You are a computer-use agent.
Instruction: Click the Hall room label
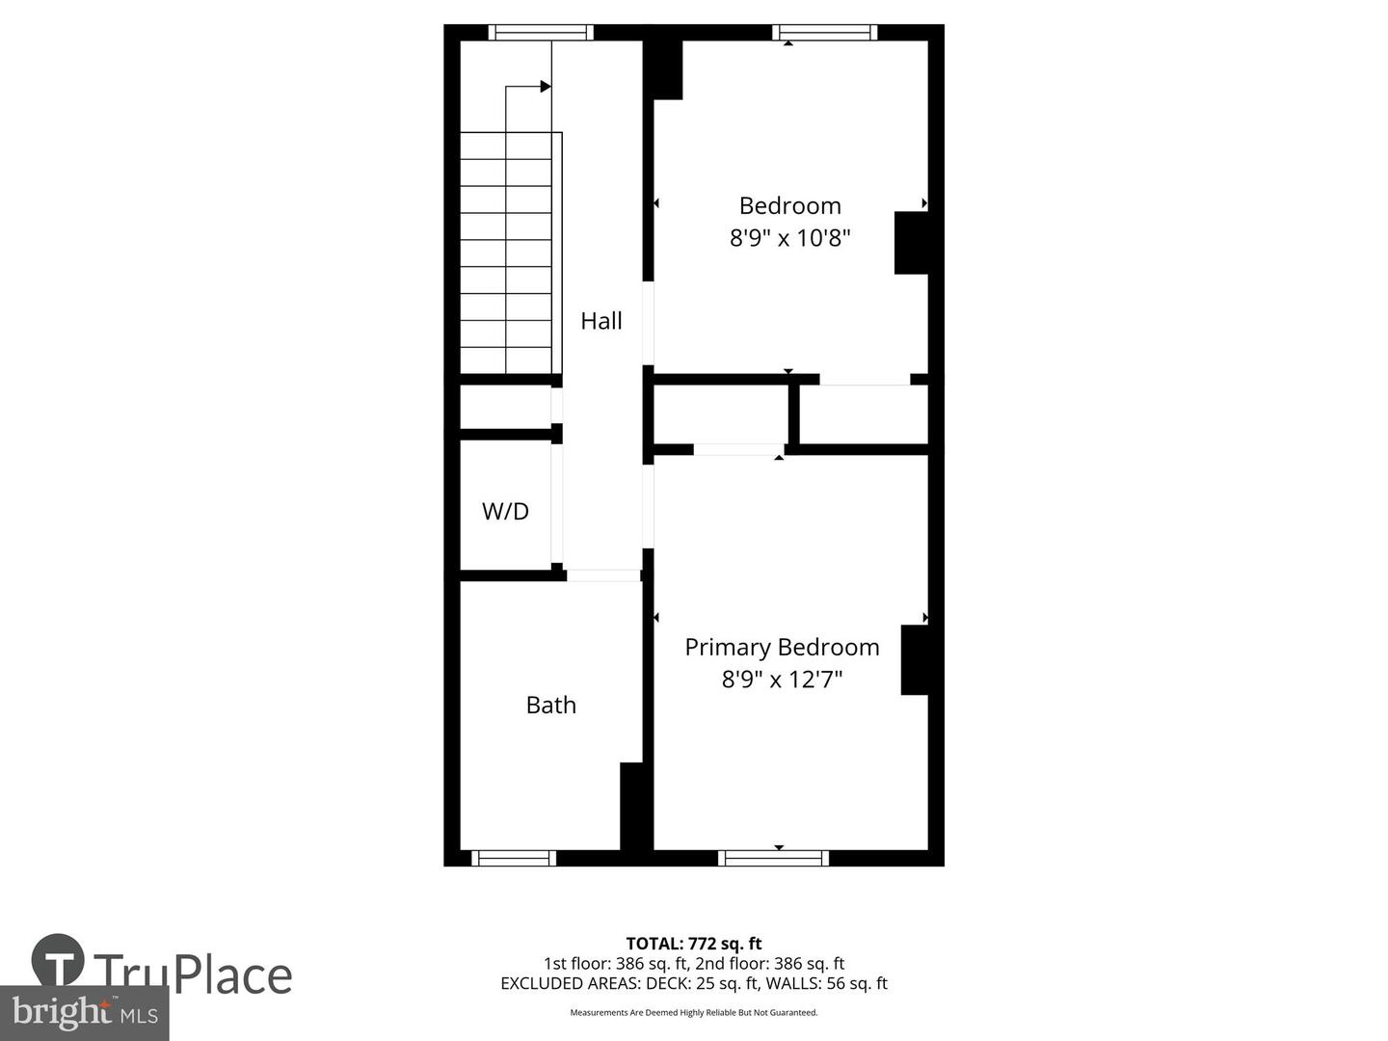(x=601, y=321)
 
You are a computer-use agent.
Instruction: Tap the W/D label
(x=505, y=511)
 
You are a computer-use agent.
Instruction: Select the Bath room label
(x=550, y=706)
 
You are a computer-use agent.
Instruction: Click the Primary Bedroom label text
(x=782, y=647)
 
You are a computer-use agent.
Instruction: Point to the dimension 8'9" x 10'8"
(x=789, y=238)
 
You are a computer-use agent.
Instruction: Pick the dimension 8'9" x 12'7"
(x=782, y=680)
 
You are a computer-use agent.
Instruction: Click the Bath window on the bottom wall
(x=514, y=858)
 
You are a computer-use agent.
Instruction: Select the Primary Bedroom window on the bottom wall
(x=774, y=858)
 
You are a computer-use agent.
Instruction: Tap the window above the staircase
(x=540, y=33)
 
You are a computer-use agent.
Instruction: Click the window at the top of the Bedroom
(x=824, y=33)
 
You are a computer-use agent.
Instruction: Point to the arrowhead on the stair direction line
(x=546, y=87)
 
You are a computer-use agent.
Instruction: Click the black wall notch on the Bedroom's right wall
(x=911, y=243)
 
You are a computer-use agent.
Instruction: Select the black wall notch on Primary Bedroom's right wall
(x=914, y=660)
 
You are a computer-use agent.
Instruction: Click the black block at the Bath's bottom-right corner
(x=631, y=807)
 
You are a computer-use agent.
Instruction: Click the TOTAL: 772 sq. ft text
(x=694, y=944)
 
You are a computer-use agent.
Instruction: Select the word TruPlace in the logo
(x=193, y=974)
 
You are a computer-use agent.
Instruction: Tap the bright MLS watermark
(x=85, y=1012)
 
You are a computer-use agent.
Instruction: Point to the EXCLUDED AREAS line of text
(x=694, y=983)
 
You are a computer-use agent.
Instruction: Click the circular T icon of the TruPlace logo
(x=58, y=960)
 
